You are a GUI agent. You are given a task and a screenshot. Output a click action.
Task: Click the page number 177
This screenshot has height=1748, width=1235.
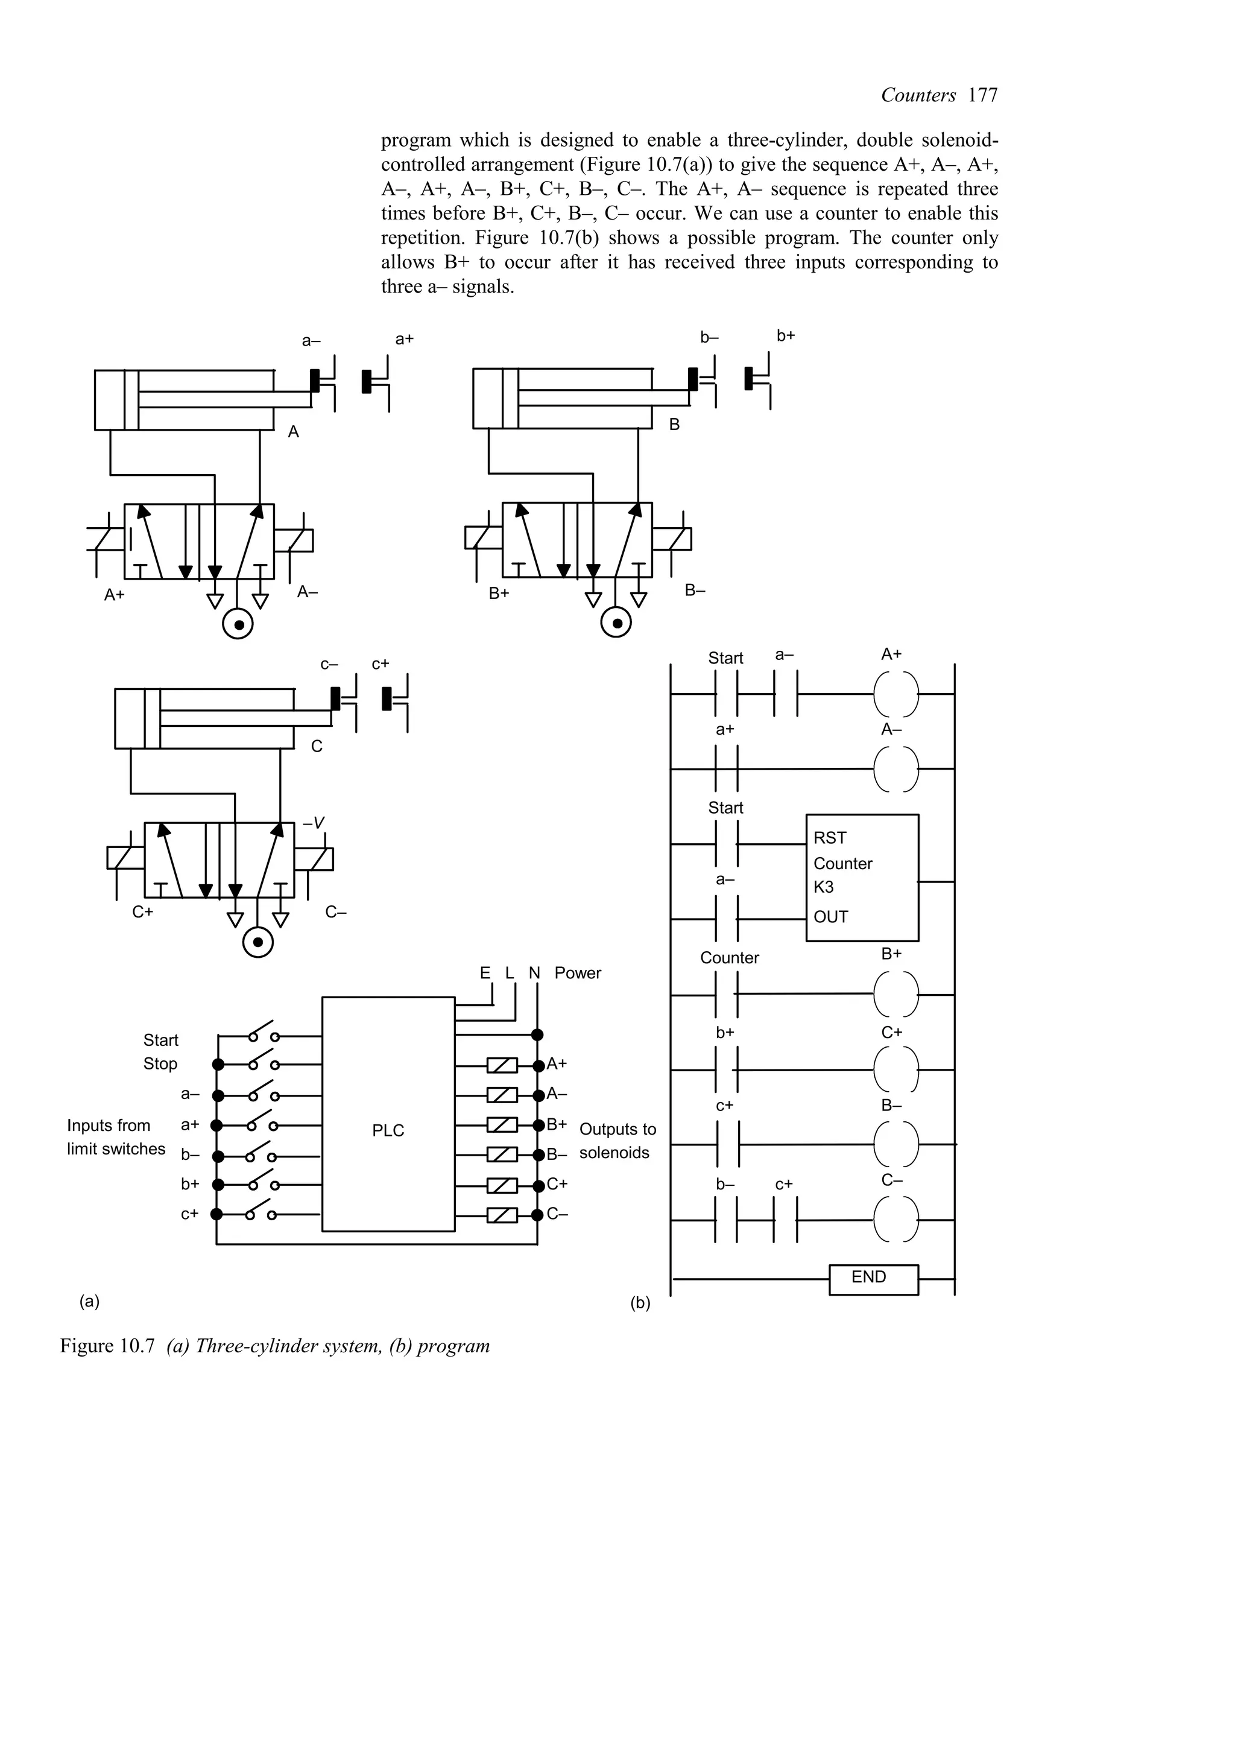pos(982,95)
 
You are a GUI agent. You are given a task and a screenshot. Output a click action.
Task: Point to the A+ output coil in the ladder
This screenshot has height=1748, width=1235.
pos(896,694)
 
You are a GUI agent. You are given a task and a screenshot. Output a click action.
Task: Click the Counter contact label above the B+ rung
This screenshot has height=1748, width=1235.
pos(729,958)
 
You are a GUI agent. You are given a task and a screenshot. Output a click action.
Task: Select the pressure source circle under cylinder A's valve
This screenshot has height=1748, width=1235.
pos(238,624)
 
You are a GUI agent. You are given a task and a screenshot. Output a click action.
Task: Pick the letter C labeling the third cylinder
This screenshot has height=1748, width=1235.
pos(317,747)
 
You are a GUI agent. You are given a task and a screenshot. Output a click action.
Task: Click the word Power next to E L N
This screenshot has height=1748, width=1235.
pos(578,973)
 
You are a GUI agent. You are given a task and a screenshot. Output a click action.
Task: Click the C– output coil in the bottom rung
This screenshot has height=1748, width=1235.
pos(896,1220)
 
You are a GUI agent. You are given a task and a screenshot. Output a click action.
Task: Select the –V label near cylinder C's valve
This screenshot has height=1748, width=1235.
pos(314,822)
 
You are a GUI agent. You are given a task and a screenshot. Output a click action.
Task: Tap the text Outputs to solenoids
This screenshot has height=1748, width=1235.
pos(616,1141)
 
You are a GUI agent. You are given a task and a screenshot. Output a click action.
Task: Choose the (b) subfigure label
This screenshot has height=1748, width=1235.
pos(640,1303)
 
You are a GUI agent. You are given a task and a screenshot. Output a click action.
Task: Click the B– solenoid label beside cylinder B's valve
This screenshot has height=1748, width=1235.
pos(695,590)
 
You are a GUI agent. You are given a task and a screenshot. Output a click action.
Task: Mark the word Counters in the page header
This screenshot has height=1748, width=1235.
pos(918,95)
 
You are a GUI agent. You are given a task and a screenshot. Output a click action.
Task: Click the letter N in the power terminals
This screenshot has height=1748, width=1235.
pos(534,973)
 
